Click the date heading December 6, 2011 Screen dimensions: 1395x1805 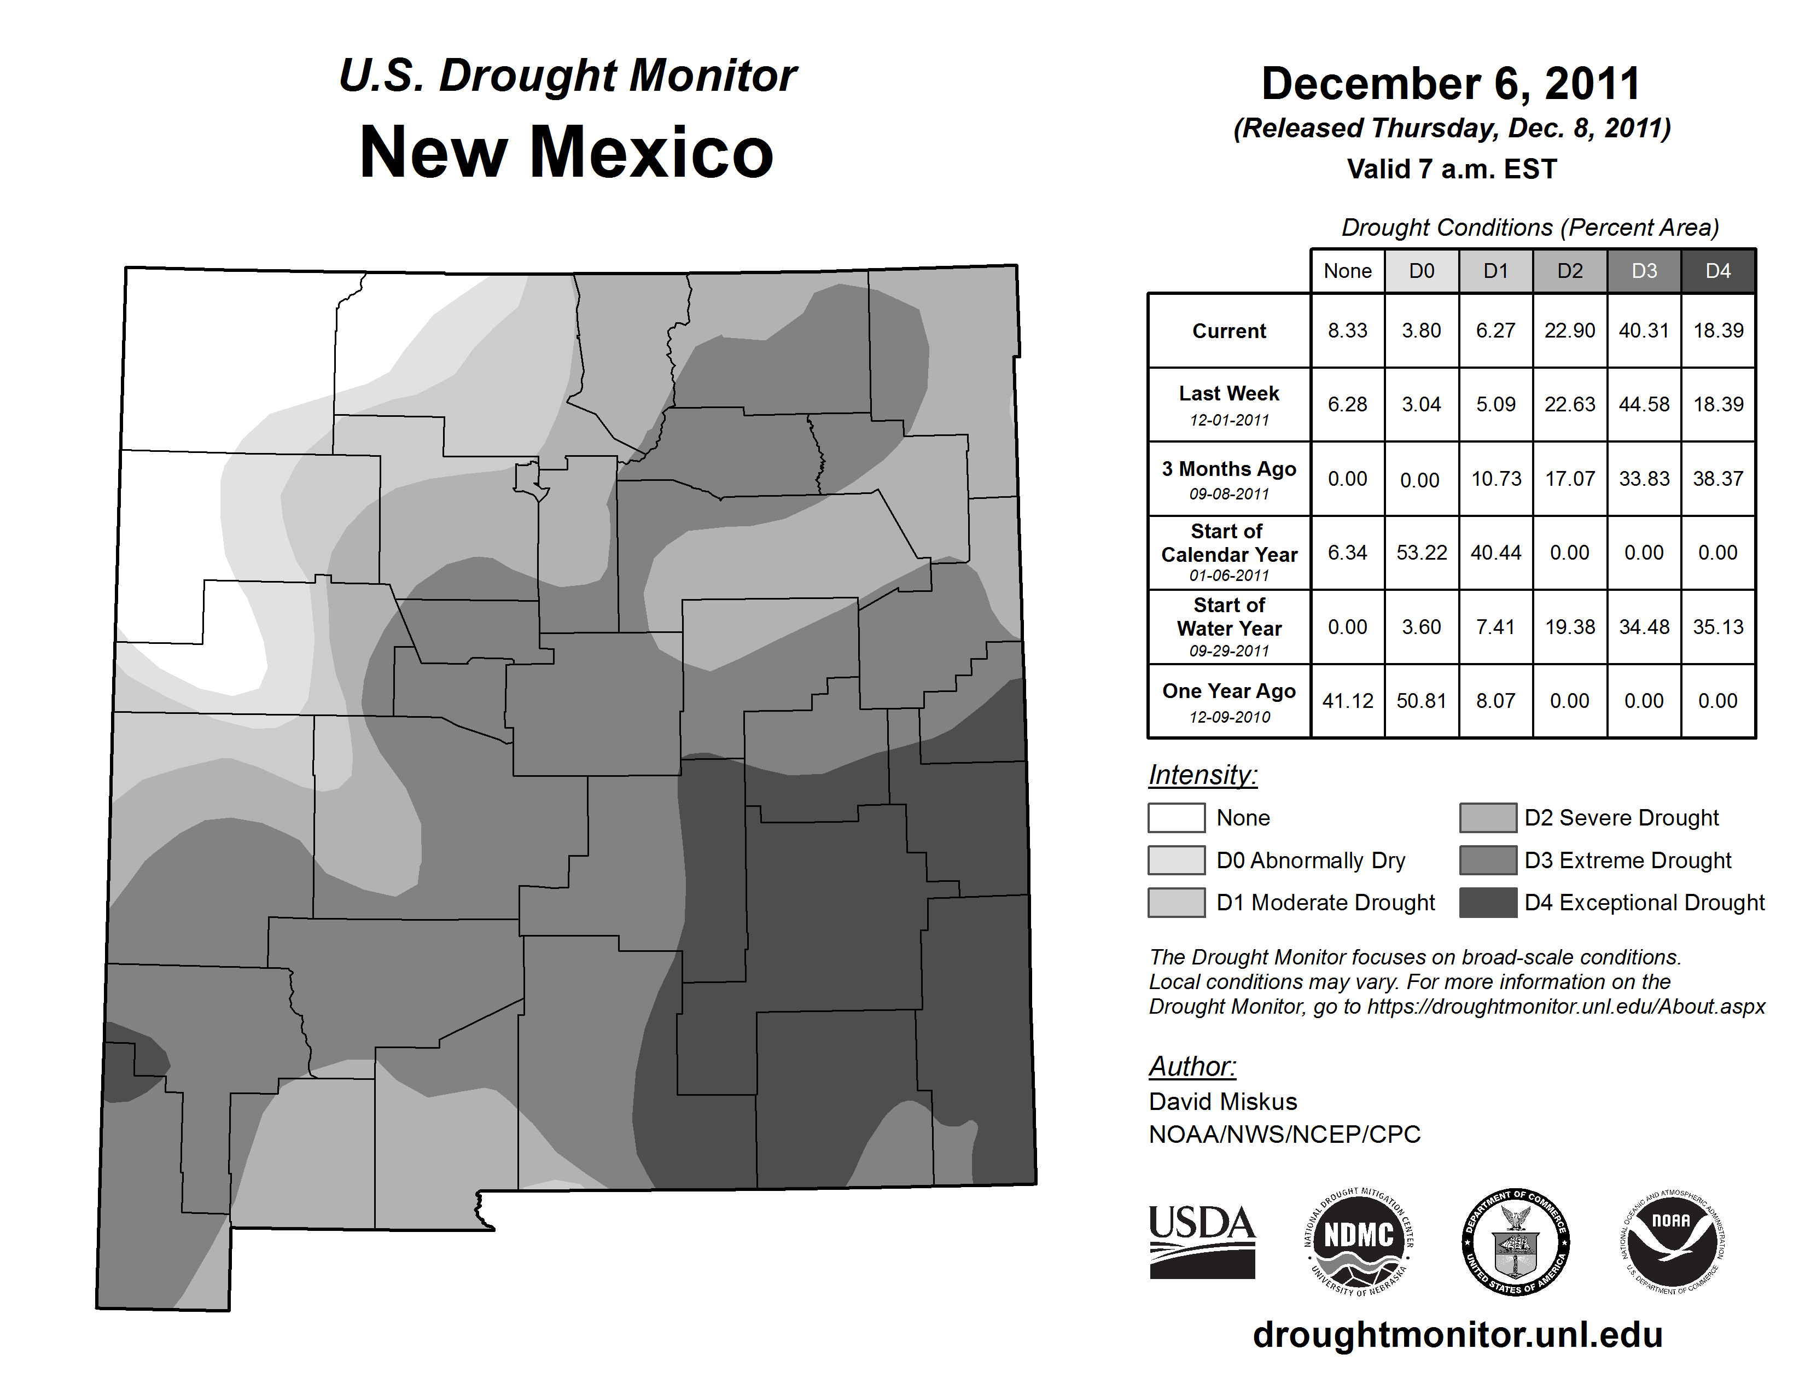tap(1451, 84)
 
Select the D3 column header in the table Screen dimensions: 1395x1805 tap(1644, 271)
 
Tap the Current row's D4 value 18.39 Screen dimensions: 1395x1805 tap(1718, 330)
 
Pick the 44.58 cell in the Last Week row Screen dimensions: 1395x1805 tap(1644, 404)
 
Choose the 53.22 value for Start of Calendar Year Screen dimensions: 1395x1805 tap(1422, 552)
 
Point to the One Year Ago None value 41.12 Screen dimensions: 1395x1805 tap(1347, 701)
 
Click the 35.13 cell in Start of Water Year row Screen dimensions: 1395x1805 tap(1718, 626)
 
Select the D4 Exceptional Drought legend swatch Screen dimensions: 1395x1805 tap(1488, 903)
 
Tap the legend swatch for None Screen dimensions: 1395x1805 tap(1176, 817)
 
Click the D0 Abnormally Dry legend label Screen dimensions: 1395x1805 tap(1311, 861)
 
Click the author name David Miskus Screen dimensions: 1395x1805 tap(1222, 1102)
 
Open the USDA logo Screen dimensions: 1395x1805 tap(1202, 1241)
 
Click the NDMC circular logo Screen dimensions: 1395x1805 tap(1359, 1241)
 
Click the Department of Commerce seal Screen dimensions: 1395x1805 tap(1516, 1241)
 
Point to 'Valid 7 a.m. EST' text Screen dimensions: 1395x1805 tap(1451, 170)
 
